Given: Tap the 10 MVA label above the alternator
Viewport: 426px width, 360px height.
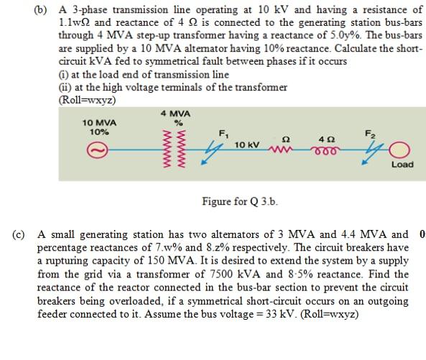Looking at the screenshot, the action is (99, 123).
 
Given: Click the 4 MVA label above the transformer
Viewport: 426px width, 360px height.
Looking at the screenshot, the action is (176, 114).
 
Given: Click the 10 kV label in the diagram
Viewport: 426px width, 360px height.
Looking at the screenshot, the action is (246, 144).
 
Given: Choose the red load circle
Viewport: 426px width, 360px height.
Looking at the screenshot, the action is (402, 151).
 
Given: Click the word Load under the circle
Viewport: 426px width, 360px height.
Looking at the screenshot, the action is (402, 165).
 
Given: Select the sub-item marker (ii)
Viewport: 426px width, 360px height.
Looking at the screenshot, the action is (64, 87).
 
